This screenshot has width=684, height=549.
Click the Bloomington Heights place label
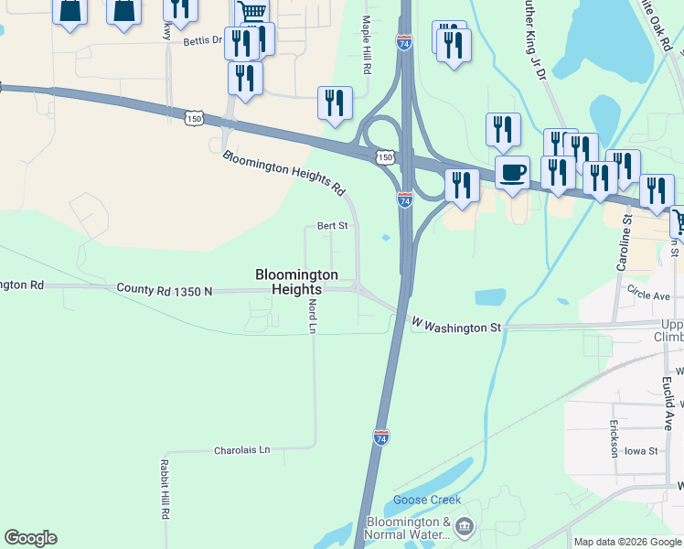click(x=296, y=282)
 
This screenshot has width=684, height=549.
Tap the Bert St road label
click(x=332, y=225)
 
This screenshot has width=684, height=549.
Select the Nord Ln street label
click(x=312, y=315)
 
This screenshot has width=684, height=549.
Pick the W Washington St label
click(x=456, y=326)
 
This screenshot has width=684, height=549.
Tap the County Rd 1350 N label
click(x=165, y=290)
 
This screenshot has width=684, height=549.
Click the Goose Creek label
click(x=427, y=501)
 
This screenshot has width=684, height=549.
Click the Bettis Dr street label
click(x=203, y=40)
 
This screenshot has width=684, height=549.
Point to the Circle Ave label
click(x=649, y=296)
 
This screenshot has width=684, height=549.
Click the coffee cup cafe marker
click(x=513, y=172)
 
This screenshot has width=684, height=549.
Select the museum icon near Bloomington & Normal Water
click(x=465, y=526)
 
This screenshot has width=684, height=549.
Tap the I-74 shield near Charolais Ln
click(x=381, y=437)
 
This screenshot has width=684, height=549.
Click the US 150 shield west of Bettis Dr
click(x=193, y=118)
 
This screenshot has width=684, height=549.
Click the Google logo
click(x=30, y=538)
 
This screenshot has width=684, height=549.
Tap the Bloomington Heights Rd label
click(x=284, y=174)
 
